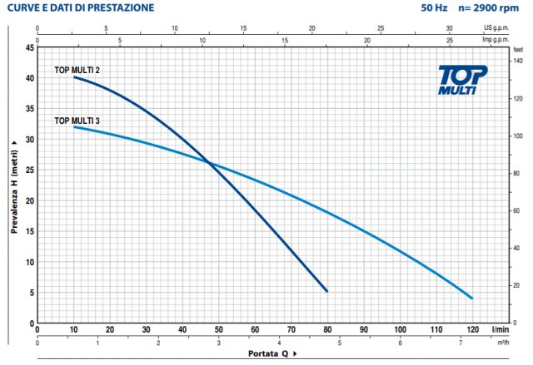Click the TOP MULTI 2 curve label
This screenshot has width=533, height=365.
(x=77, y=70)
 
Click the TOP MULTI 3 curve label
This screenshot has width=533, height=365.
(x=77, y=121)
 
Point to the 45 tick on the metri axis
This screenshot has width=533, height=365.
(x=30, y=47)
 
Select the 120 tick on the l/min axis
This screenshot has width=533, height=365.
(x=472, y=329)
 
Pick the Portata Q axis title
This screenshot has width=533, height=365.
(x=271, y=354)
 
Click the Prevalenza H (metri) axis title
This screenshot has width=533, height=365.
(x=14, y=185)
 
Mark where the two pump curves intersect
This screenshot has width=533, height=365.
(x=208, y=163)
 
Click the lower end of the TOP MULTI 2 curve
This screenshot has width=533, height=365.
(x=326, y=291)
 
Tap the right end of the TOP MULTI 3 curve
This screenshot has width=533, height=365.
(x=472, y=298)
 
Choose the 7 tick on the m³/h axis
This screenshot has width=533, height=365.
(x=461, y=341)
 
